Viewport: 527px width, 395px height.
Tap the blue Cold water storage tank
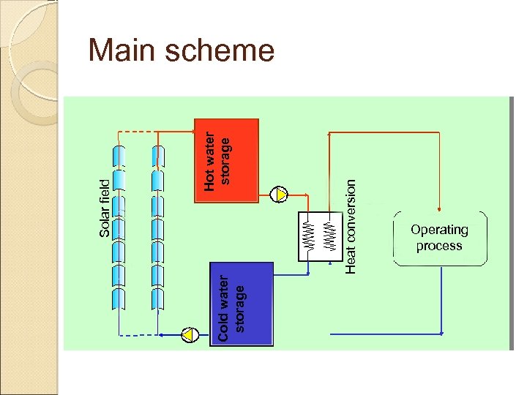[x=241, y=304]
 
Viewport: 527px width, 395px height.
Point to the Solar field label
[x=105, y=208]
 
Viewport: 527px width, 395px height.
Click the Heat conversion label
[x=351, y=227]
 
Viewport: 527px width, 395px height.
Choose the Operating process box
[x=439, y=238]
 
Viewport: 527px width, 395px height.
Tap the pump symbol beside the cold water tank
[x=190, y=335]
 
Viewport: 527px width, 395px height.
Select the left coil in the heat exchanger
[x=310, y=236]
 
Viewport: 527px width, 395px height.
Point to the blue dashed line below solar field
[x=138, y=335]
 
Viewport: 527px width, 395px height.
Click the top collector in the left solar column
[x=119, y=156]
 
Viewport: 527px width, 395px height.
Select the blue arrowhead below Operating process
[x=441, y=333]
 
